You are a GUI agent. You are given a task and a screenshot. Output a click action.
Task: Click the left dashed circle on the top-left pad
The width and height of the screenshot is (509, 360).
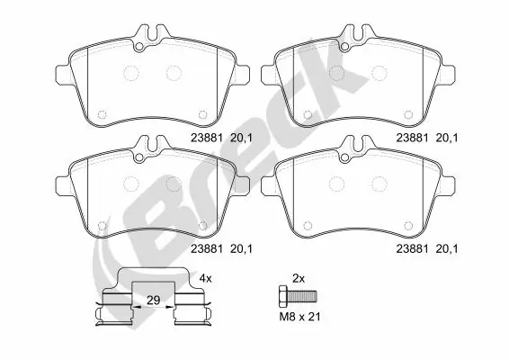click(x=131, y=74)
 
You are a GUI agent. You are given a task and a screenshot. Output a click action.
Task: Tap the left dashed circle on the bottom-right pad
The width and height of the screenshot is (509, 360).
click(x=338, y=184)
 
